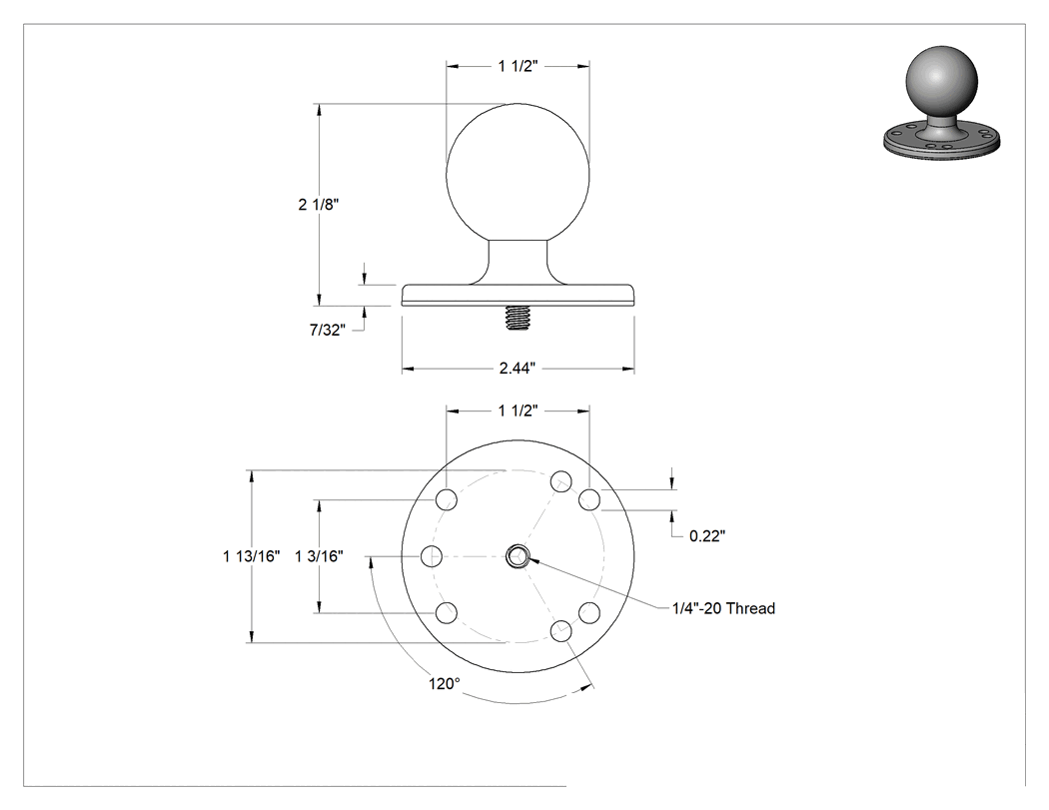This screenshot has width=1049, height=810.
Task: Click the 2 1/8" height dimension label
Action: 319,205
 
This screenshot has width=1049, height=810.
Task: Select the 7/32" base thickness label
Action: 328,330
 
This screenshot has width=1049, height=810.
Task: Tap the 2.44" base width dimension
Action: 518,368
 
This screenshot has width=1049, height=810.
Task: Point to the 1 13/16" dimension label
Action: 252,556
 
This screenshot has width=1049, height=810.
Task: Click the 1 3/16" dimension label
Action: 319,556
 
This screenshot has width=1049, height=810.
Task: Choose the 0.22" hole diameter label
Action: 707,535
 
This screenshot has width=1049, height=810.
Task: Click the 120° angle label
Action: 445,684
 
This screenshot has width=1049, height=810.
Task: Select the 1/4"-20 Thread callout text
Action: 724,608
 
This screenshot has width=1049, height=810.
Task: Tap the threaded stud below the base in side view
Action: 518,317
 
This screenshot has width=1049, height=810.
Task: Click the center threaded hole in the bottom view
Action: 518,556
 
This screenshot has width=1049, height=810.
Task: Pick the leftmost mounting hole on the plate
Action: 432,556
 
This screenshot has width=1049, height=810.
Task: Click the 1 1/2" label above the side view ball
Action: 518,66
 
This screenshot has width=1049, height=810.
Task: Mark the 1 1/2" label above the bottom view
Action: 518,410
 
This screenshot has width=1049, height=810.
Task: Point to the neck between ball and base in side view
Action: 518,261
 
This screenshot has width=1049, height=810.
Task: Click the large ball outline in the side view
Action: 447,175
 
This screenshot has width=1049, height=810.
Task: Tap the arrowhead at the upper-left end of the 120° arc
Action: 370,564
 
